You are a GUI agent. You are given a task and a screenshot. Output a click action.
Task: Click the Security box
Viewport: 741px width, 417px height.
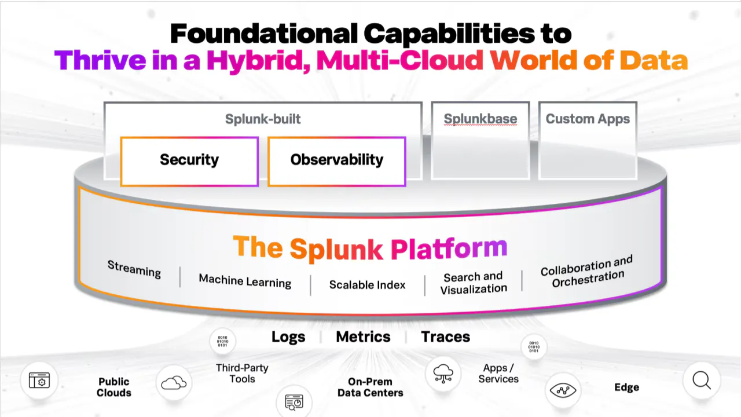(x=189, y=160)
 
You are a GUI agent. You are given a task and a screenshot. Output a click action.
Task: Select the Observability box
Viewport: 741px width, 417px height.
(x=337, y=160)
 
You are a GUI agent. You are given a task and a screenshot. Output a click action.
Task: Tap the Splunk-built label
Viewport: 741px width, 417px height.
(x=263, y=120)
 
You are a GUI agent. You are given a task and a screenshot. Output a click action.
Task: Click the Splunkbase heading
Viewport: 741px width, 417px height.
(x=480, y=119)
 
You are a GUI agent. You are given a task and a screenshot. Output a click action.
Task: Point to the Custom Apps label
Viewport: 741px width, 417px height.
(x=588, y=119)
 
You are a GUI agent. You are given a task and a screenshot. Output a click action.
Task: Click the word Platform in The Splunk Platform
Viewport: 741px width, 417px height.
(x=449, y=247)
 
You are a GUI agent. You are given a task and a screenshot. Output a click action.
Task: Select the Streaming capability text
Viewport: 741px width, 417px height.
(x=134, y=269)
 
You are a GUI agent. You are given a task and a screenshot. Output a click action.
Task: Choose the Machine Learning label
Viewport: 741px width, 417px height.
(x=245, y=281)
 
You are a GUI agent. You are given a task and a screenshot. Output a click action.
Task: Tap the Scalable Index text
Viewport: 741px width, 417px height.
(x=367, y=285)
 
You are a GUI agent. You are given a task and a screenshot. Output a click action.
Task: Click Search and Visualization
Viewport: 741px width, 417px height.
(x=474, y=283)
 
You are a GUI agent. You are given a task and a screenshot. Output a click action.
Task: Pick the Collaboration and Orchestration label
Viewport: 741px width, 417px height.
(x=587, y=272)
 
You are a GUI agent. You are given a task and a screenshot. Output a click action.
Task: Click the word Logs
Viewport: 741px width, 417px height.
(x=288, y=337)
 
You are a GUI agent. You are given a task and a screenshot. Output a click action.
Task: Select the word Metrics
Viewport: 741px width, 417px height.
(x=363, y=337)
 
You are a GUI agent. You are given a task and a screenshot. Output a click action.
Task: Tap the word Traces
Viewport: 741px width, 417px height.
(x=445, y=337)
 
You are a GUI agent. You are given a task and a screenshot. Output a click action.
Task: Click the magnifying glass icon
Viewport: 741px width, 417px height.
(x=702, y=381)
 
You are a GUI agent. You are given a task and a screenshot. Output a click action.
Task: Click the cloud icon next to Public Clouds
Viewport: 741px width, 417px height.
(x=174, y=383)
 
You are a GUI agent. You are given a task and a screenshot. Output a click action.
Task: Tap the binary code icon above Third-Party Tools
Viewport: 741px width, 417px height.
(x=222, y=341)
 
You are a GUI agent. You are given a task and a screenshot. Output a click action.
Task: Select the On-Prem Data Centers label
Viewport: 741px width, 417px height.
(x=370, y=387)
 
